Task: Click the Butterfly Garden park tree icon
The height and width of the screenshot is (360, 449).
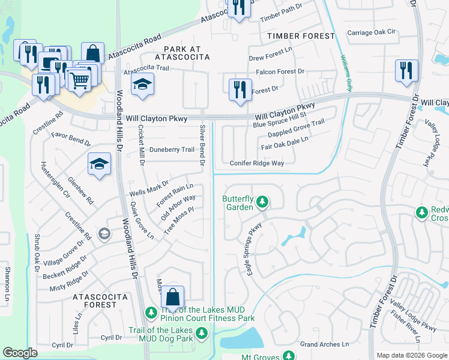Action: click(x=262, y=203)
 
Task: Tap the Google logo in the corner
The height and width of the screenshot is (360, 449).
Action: click(x=20, y=353)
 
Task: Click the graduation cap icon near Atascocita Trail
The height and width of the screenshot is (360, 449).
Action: click(x=142, y=84)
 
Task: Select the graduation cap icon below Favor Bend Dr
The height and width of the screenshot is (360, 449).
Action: click(x=100, y=163)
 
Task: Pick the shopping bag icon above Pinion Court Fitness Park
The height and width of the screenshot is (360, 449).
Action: click(x=172, y=297)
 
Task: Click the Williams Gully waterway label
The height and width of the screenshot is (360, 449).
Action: click(x=346, y=73)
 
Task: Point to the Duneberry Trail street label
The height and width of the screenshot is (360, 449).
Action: click(x=172, y=149)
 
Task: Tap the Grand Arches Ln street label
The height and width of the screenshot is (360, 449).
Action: click(x=324, y=344)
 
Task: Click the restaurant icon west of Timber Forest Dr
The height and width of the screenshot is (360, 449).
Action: click(x=406, y=70)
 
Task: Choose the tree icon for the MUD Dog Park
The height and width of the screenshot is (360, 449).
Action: click(x=202, y=332)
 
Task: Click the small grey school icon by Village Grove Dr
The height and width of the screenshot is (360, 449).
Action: click(x=104, y=233)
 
